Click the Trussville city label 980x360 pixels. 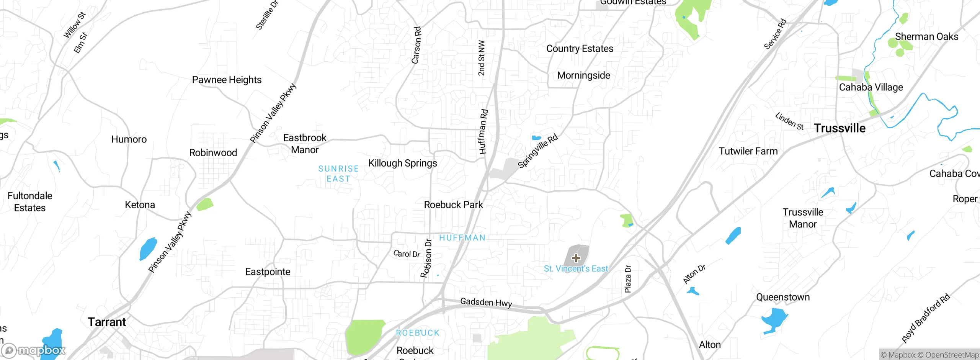coord(840,128)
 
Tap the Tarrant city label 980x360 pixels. coord(107,322)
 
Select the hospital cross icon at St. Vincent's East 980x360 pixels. coord(576,258)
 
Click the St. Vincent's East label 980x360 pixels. coord(576,269)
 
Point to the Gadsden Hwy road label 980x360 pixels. coord(486,302)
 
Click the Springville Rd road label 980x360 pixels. coord(537,151)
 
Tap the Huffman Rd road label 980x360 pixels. coord(483,132)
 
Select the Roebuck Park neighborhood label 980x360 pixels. coord(453,205)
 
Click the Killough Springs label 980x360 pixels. coord(402,163)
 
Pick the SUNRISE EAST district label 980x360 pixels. coord(338,174)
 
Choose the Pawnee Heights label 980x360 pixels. coord(227,80)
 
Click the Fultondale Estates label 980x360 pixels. coord(30,202)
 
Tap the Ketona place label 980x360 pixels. coord(140,205)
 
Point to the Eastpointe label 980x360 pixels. coord(268,272)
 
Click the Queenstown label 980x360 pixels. coord(783,297)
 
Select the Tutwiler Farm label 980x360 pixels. coord(748,151)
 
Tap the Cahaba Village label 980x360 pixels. coord(871,87)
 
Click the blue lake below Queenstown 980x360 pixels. coord(774,319)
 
